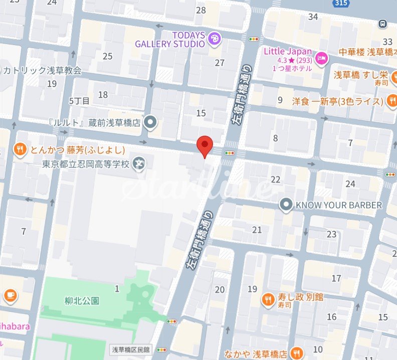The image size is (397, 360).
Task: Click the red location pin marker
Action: (x=204, y=145)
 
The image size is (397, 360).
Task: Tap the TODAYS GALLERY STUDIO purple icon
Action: (x=214, y=39)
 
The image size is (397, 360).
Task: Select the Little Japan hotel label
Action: (x=288, y=52)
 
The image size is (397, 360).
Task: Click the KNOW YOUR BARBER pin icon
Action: (x=286, y=205)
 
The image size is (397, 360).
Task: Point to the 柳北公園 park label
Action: (x=82, y=301)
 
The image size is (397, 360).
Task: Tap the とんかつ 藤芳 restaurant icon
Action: (x=20, y=149)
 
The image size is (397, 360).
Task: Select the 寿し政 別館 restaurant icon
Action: (x=268, y=300)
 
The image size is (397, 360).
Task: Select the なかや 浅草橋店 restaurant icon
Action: (x=297, y=352)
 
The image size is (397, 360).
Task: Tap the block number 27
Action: (x=220, y=63)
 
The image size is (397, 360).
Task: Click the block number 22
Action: (x=275, y=180)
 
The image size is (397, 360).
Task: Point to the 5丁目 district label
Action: (x=79, y=101)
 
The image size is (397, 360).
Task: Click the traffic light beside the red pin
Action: (x=230, y=153)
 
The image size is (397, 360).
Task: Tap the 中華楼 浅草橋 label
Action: (x=367, y=52)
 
